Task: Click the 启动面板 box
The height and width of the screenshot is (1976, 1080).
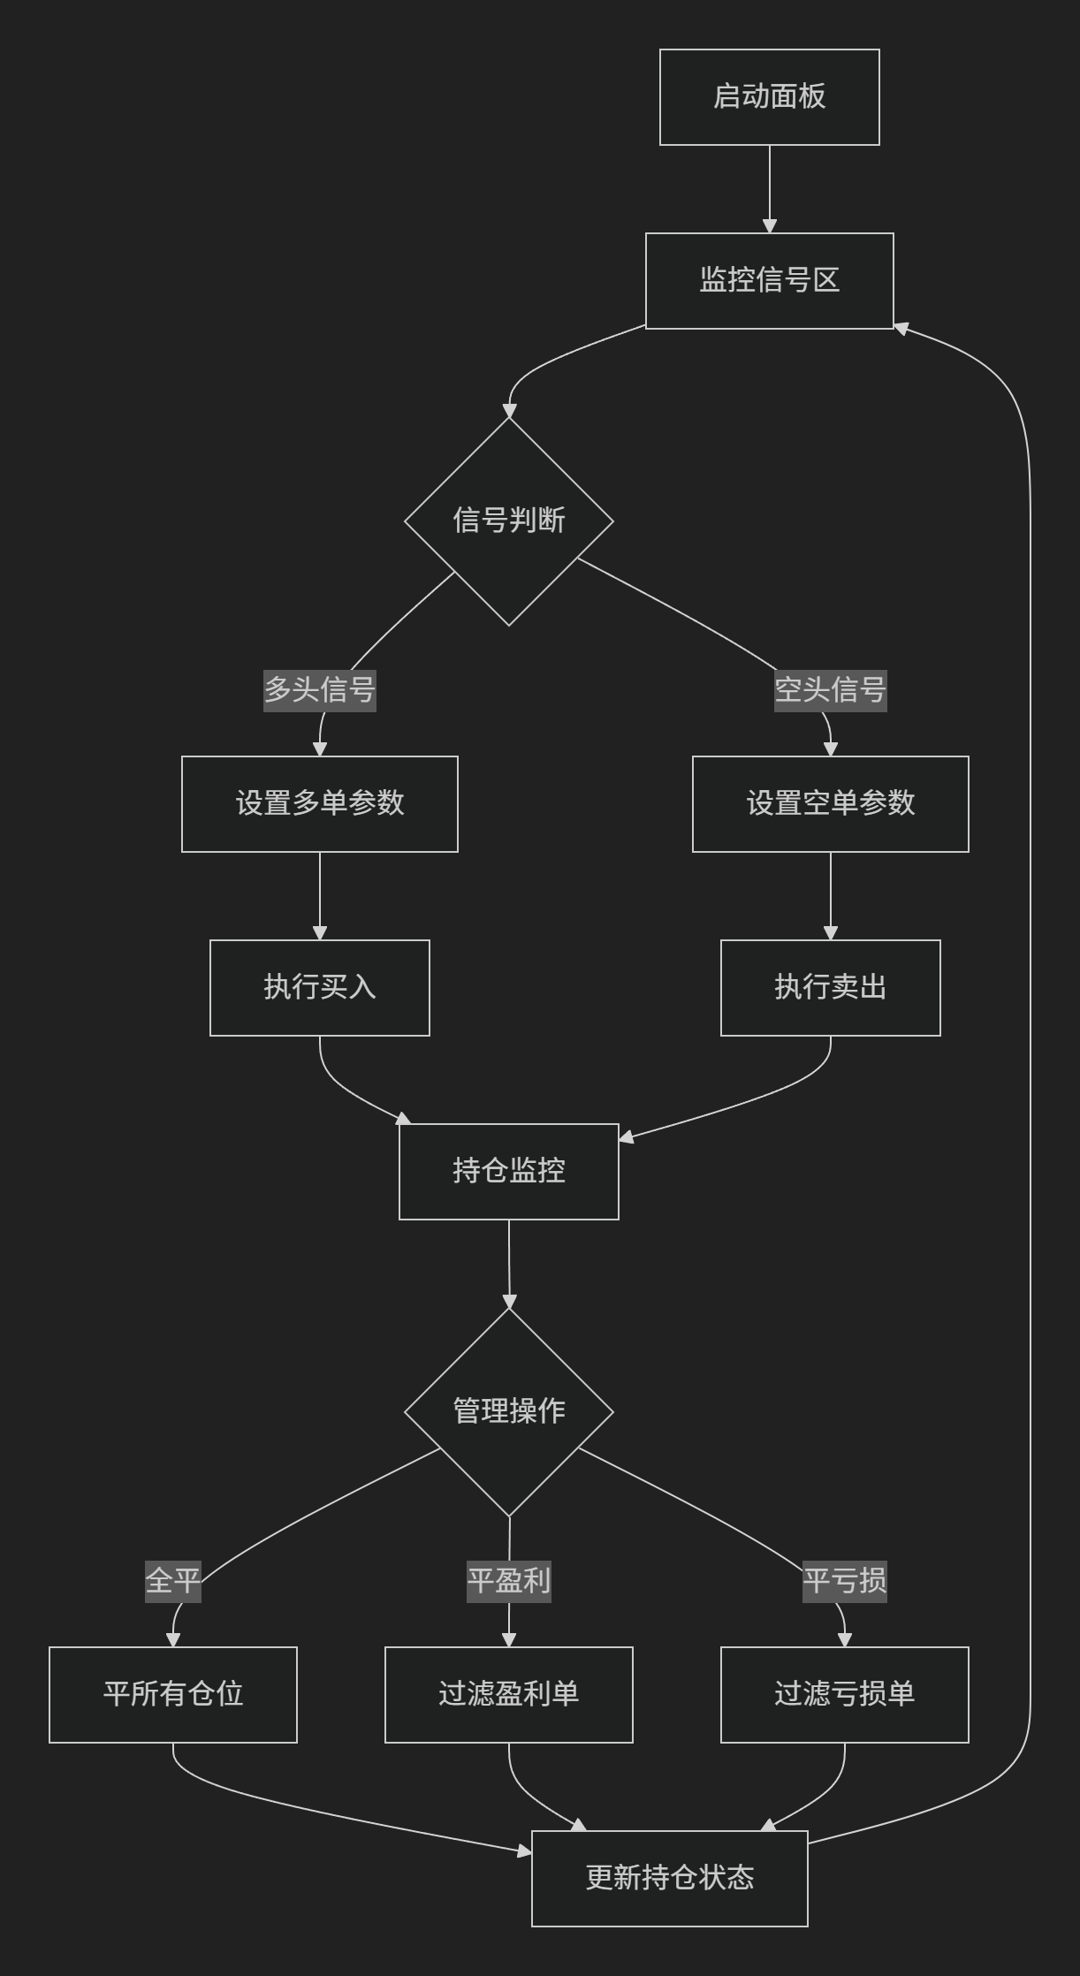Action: pyautogui.click(x=769, y=96)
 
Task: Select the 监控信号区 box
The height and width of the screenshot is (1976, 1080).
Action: pyautogui.click(x=769, y=280)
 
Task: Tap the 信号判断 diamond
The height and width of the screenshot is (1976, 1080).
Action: pyautogui.click(x=508, y=521)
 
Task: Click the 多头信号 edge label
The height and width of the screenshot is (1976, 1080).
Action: pyautogui.click(x=320, y=689)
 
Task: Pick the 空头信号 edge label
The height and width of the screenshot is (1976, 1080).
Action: pyautogui.click(x=830, y=689)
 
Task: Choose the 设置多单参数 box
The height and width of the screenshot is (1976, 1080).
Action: pyautogui.click(x=320, y=803)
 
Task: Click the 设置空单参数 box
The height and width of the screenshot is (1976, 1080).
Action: pyautogui.click(x=830, y=803)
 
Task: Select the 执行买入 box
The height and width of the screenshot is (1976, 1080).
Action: pyautogui.click(x=320, y=987)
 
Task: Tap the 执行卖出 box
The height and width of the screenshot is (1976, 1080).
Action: pyautogui.click(x=830, y=987)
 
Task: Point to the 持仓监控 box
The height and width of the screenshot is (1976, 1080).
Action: pyautogui.click(x=508, y=1171)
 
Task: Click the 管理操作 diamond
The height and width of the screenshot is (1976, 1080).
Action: pyautogui.click(x=508, y=1411)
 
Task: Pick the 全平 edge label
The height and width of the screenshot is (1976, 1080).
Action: pyautogui.click(x=173, y=1580)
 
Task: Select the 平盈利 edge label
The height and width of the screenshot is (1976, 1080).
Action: pyautogui.click(x=508, y=1580)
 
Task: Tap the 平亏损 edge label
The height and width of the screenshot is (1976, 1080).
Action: pyautogui.click(x=844, y=1580)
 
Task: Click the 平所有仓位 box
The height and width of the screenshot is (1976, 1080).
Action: pyautogui.click(x=173, y=1694)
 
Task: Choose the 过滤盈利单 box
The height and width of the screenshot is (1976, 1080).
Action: pyautogui.click(x=508, y=1694)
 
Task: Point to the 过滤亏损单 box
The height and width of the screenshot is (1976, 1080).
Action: pyautogui.click(x=844, y=1694)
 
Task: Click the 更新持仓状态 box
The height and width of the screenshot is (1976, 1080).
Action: pyautogui.click(x=669, y=1878)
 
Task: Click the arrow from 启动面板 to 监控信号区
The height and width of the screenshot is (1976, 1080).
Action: pyautogui.click(x=769, y=188)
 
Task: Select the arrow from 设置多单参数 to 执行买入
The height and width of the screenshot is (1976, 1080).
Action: pyautogui.click(x=320, y=895)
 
